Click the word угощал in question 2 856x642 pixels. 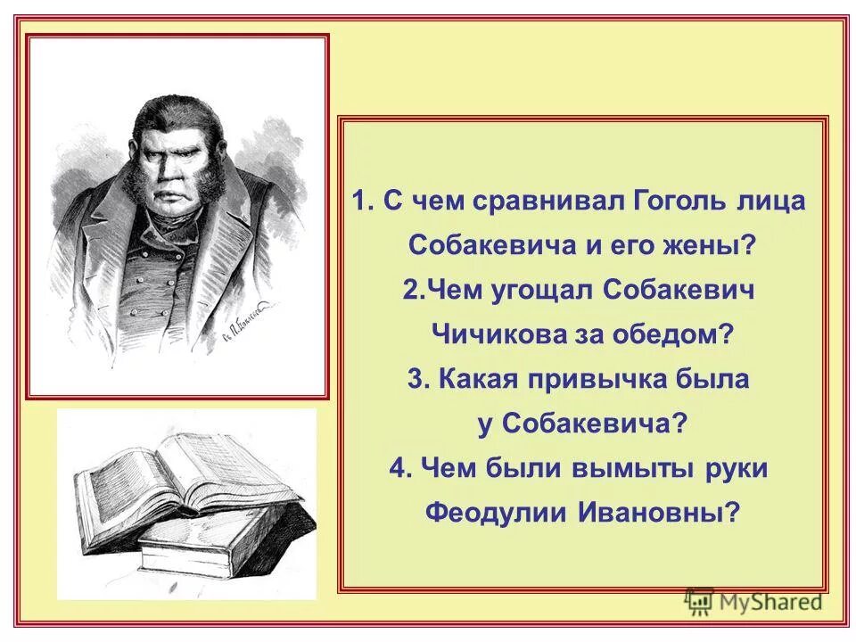543,291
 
